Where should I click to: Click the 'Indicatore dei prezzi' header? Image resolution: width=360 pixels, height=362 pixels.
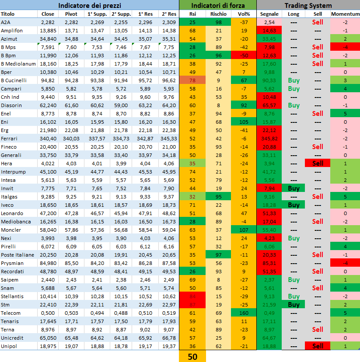pyautogui.click(x=90, y=5)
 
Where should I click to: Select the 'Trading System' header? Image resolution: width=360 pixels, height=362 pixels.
pyautogui.click(x=308, y=5)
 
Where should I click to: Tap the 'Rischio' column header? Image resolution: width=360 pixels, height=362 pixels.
pyautogui.click(x=218, y=14)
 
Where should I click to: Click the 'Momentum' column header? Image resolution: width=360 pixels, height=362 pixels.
pyautogui.click(x=345, y=14)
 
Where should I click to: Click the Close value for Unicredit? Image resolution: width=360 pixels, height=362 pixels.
pyautogui.click(x=48, y=338)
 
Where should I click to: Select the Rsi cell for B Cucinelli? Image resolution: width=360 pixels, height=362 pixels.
pyautogui.click(x=192, y=80)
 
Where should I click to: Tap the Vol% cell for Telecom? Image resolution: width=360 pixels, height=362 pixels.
pyautogui.click(x=244, y=313)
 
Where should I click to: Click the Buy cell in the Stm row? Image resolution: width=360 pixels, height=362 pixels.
pyautogui.click(x=294, y=304)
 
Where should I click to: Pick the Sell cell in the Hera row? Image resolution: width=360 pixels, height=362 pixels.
pyautogui.click(x=318, y=163)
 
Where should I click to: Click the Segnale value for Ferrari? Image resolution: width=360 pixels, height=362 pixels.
pyautogui.click(x=269, y=138)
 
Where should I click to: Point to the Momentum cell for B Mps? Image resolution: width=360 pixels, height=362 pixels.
pyautogui.click(x=345, y=47)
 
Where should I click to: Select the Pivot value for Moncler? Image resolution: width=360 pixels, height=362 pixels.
pyautogui.click(x=71, y=230)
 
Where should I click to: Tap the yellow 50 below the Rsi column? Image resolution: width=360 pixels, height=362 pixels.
pyautogui.click(x=192, y=356)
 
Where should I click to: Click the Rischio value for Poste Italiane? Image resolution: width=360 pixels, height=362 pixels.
pyautogui.click(x=218, y=254)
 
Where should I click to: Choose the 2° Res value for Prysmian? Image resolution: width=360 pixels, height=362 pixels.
pyautogui.click(x=168, y=263)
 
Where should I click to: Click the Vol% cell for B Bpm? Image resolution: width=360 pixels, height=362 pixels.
pyautogui.click(x=244, y=56)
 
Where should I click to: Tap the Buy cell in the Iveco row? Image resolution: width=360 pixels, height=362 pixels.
pyautogui.click(x=294, y=205)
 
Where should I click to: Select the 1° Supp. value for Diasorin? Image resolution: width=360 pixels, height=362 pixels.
pyautogui.click(x=97, y=105)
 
